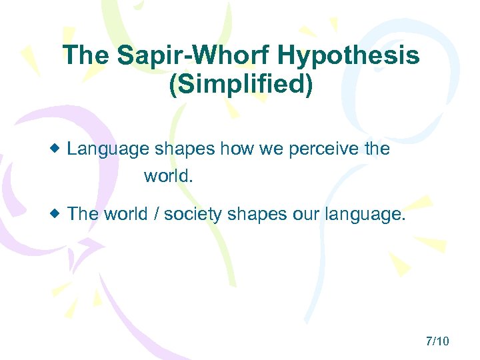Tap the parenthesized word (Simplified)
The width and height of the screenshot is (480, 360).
click(x=241, y=86)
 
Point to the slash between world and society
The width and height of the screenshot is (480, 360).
click(x=155, y=213)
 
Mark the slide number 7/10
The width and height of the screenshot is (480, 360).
click(x=437, y=341)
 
